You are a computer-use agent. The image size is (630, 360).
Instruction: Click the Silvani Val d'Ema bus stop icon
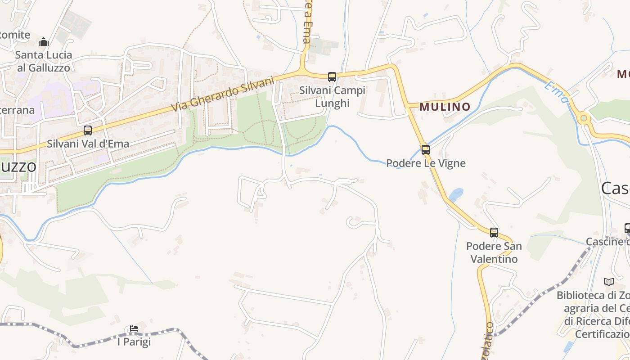pyautogui.click(x=88, y=130)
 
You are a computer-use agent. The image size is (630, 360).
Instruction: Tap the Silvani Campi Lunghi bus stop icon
pyautogui.click(x=332, y=77)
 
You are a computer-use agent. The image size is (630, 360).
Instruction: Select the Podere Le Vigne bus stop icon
pyautogui.click(x=425, y=150)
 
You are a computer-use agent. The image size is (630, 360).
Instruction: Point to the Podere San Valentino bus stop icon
pyautogui.click(x=494, y=233)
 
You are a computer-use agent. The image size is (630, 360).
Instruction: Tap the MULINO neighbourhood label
pyautogui.click(x=445, y=107)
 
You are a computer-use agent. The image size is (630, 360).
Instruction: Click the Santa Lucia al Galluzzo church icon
pyautogui.click(x=44, y=42)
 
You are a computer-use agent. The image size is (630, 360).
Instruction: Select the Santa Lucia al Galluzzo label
pyautogui.click(x=44, y=61)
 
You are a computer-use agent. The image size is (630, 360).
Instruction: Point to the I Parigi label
pyautogui.click(x=134, y=342)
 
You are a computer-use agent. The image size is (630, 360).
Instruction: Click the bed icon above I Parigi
pyautogui.click(x=134, y=328)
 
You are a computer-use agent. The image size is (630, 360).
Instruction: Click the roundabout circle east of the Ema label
pyautogui.click(x=584, y=118)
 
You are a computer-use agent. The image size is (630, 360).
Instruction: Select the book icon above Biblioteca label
pyautogui.click(x=609, y=282)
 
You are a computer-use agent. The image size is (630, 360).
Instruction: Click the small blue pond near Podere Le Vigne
pyautogui.click(x=456, y=194)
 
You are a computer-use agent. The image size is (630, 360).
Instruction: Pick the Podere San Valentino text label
pyautogui.click(x=494, y=252)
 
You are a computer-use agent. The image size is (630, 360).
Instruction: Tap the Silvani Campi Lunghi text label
pyautogui.click(x=332, y=97)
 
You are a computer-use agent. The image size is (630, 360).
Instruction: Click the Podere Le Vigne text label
pyautogui.click(x=426, y=163)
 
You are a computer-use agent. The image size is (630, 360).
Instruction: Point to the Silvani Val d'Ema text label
pyautogui.click(x=88, y=144)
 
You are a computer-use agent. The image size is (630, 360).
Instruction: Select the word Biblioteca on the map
pyautogui.click(x=578, y=296)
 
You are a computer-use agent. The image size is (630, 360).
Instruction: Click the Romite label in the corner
pyautogui.click(x=14, y=35)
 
